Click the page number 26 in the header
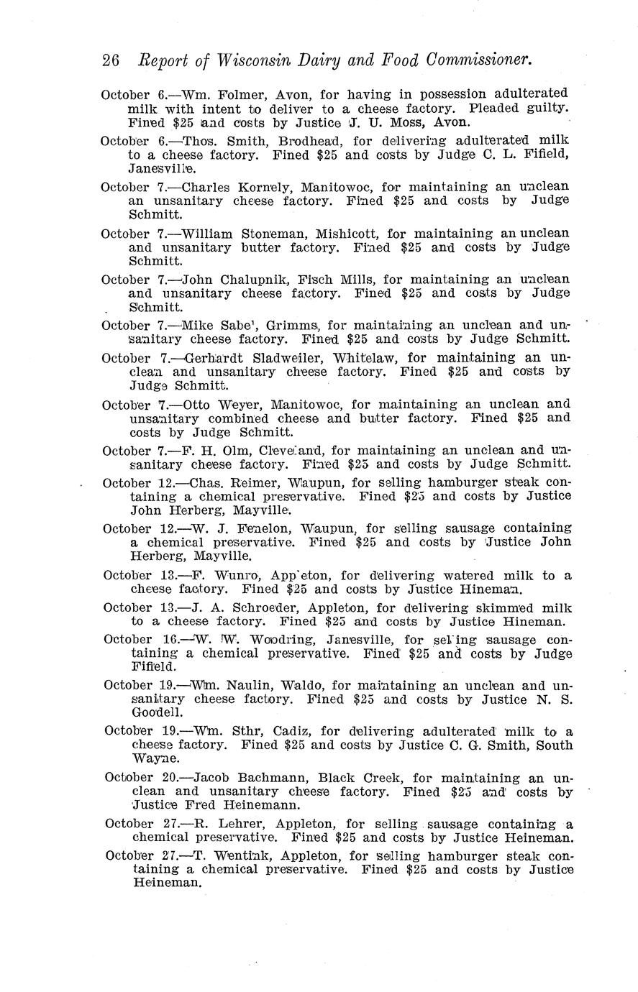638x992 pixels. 111,61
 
